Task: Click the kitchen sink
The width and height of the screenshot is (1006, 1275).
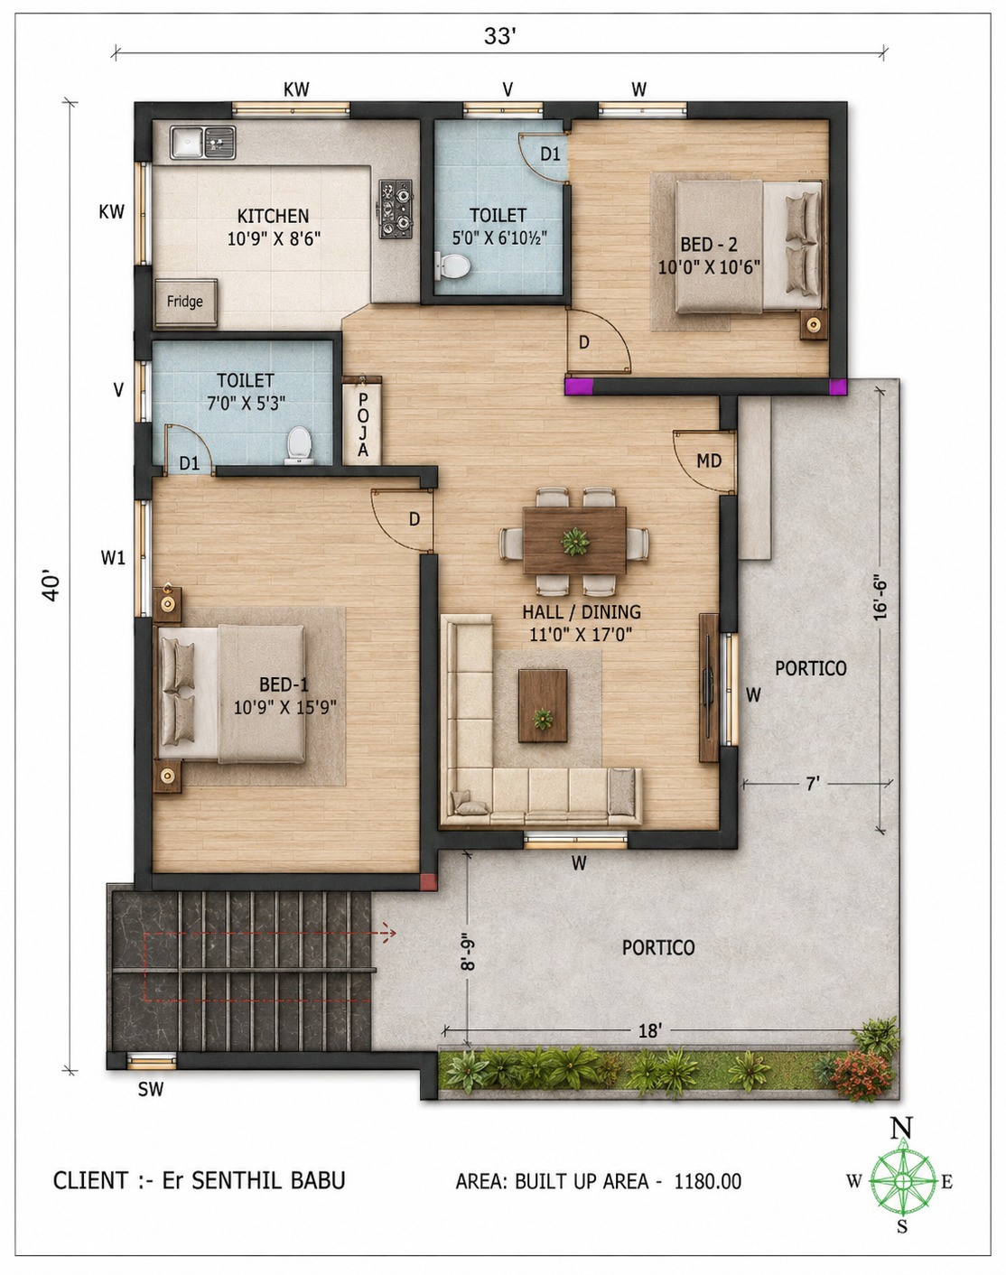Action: (202, 142)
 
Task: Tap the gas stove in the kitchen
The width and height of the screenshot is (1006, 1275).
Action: (396, 209)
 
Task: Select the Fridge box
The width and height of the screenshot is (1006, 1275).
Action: (185, 302)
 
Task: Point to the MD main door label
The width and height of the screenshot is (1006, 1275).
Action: (709, 461)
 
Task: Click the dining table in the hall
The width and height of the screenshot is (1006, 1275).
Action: (574, 540)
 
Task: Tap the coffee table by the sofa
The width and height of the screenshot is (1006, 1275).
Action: (543, 705)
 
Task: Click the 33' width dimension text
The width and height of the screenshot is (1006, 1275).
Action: (500, 37)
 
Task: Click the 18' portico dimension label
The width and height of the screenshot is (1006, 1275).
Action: (649, 1031)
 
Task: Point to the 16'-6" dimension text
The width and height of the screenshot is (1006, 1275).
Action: (880, 599)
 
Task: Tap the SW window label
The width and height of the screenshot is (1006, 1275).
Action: (151, 1088)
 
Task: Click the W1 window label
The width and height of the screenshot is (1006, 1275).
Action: (113, 557)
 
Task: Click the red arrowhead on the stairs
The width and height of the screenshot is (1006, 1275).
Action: (389, 933)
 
